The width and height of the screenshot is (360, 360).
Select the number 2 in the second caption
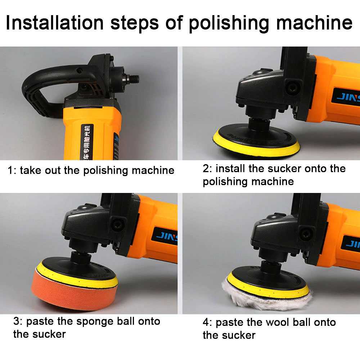[x=206, y=169]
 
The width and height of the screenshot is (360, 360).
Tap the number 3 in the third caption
[x=17, y=321]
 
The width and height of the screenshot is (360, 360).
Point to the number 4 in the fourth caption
[x=206, y=322]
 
